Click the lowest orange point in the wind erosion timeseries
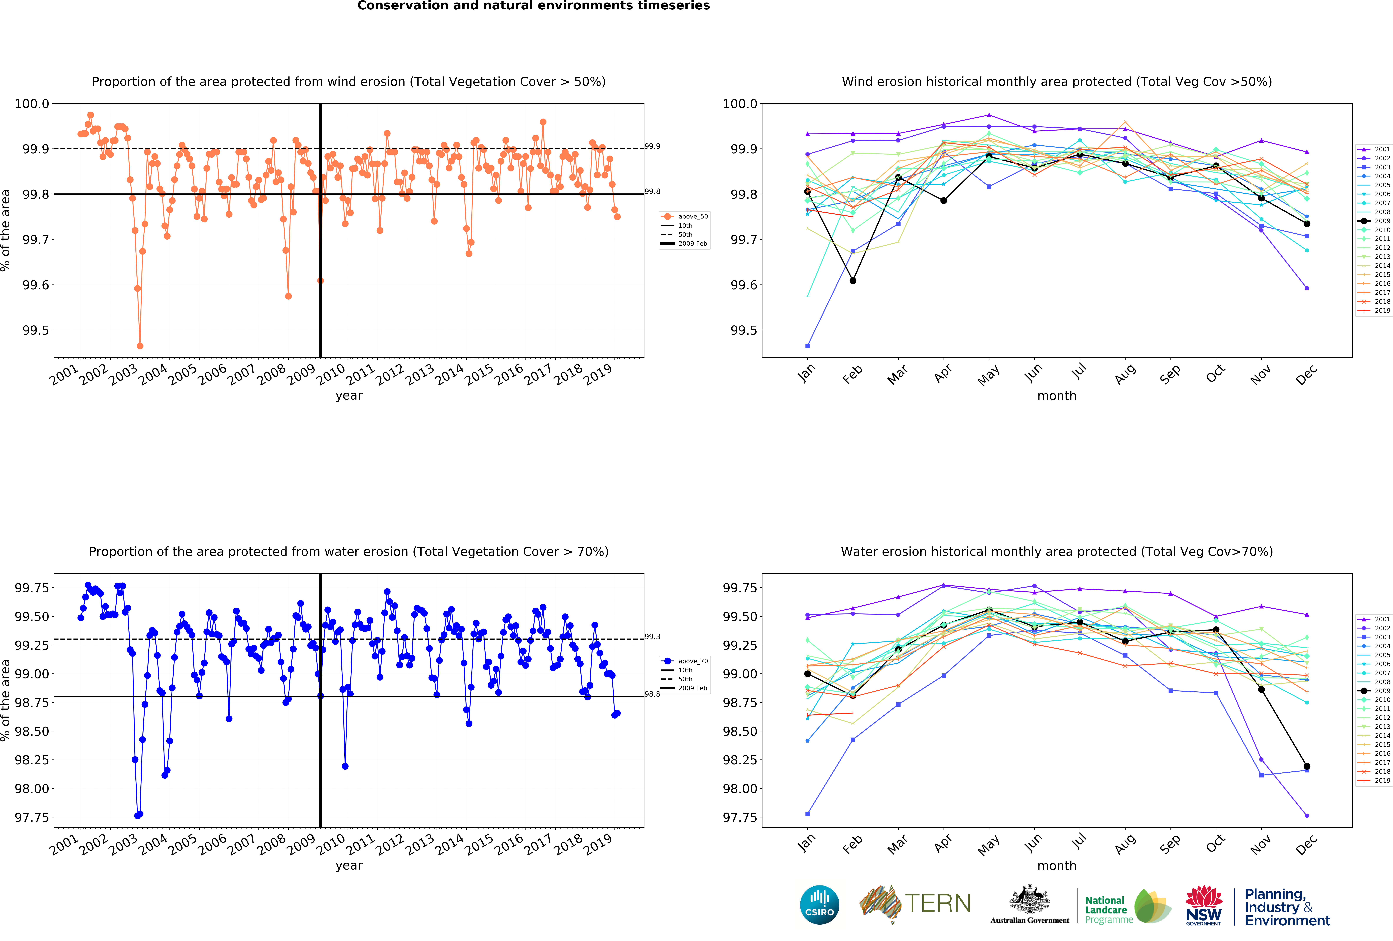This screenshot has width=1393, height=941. [x=140, y=346]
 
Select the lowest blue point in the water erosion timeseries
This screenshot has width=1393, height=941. [x=137, y=816]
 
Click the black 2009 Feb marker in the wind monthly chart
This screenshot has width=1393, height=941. [x=852, y=281]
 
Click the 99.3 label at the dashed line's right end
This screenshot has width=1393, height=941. [x=652, y=636]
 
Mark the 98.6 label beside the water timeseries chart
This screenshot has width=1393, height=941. [x=652, y=694]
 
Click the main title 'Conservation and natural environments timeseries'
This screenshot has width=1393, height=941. [x=533, y=6]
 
